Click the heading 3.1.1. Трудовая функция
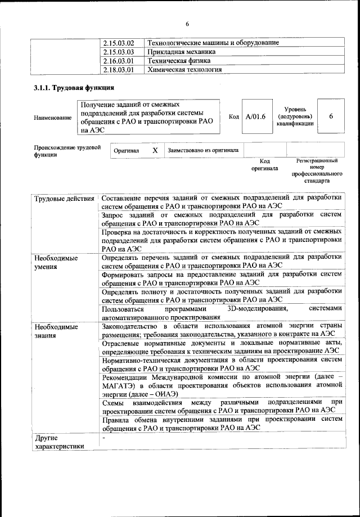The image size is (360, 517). click(74, 88)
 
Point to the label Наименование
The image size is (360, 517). click(53, 118)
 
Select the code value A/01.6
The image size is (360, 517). click(255, 116)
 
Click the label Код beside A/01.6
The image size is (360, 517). click(234, 116)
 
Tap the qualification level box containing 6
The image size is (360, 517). click(331, 116)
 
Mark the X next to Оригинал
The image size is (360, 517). click(155, 151)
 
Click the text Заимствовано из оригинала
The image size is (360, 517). click(203, 151)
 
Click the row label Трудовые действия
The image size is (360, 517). click(64, 199)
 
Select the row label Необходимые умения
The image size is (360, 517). click(55, 263)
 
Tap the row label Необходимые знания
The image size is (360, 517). click(55, 331)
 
